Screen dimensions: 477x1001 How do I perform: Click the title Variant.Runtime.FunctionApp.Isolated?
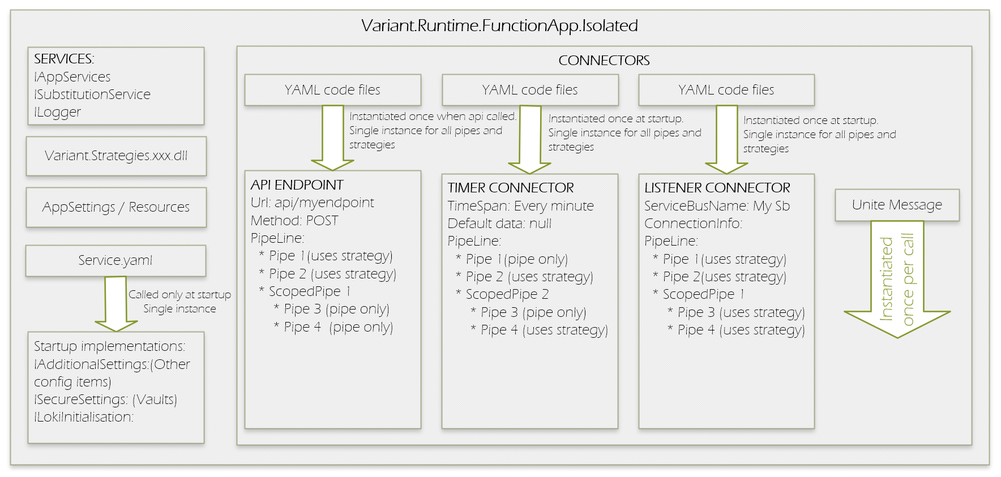[x=499, y=25]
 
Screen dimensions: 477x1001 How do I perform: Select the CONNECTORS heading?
[x=604, y=61]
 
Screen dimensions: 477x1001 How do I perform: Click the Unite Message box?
[x=897, y=205]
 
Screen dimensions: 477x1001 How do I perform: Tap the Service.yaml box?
[x=115, y=260]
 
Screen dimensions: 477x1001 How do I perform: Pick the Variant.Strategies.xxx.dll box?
[x=116, y=156]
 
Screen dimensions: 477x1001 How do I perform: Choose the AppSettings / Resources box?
[x=116, y=207]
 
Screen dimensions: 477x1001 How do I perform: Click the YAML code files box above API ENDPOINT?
[x=332, y=90]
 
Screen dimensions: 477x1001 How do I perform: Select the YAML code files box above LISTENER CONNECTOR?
[x=726, y=90]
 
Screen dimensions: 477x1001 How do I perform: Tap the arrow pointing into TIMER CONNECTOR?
[x=529, y=139]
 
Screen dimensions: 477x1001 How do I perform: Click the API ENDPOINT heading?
[x=297, y=185]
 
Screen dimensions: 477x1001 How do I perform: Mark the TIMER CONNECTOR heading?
[x=511, y=188]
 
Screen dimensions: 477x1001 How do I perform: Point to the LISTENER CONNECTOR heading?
[x=717, y=188]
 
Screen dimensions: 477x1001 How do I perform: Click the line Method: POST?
[x=294, y=221]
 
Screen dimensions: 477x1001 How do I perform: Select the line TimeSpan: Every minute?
[x=520, y=206]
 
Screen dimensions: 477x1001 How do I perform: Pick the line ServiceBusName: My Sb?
[x=717, y=206]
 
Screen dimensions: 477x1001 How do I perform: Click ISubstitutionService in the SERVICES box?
[x=92, y=94]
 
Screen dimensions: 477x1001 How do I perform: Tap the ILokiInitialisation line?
[x=84, y=417]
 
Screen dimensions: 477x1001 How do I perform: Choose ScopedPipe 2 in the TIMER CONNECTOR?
[x=507, y=294]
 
